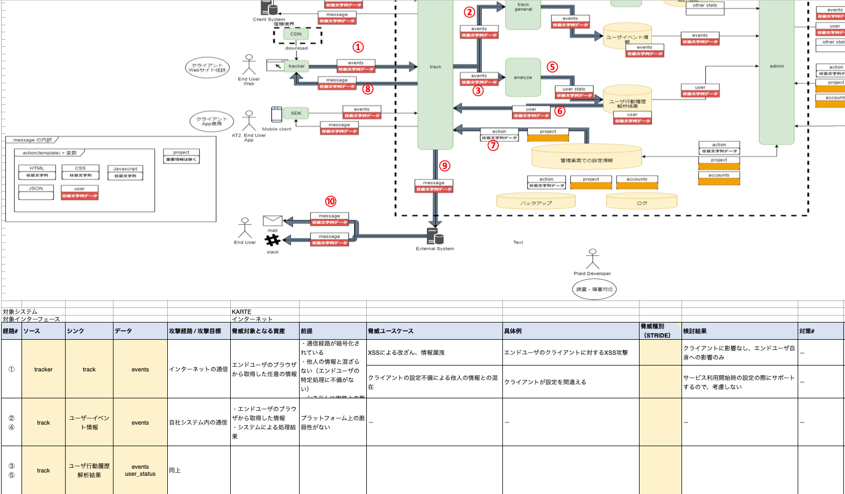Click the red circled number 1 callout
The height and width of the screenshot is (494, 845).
pyautogui.click(x=358, y=47)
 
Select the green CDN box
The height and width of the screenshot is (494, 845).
pyautogui.click(x=296, y=34)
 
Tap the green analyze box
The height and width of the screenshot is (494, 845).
pyautogui.click(x=523, y=77)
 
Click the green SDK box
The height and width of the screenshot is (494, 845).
pyautogui.click(x=296, y=113)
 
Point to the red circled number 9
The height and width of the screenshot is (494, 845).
pyautogui.click(x=444, y=166)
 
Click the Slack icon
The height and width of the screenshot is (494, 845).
pyautogui.click(x=273, y=240)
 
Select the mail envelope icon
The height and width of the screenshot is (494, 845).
pyautogui.click(x=273, y=220)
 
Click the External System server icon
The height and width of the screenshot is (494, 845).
pyautogui.click(x=435, y=236)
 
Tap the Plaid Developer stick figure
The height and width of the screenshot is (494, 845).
pyautogui.click(x=592, y=259)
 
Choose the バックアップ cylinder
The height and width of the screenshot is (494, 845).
pyautogui.click(x=536, y=202)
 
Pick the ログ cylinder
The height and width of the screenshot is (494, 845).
pyautogui.click(x=642, y=202)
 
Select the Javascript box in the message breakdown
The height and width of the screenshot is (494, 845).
pyautogui.click(x=125, y=172)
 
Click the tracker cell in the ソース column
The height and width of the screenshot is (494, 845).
pyautogui.click(x=44, y=369)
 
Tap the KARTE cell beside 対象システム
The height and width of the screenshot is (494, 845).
pyautogui.click(x=242, y=312)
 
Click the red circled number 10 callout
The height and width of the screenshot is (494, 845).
pyautogui.click(x=330, y=202)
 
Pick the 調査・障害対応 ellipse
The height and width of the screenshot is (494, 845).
pyautogui.click(x=594, y=289)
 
